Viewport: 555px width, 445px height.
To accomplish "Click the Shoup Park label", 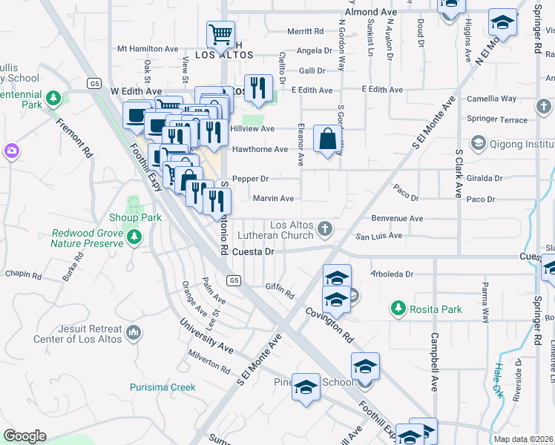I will coord(140,218).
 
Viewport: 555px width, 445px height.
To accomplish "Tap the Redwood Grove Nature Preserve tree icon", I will coord(134,237).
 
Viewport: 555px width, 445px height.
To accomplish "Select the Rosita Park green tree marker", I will coord(398,308).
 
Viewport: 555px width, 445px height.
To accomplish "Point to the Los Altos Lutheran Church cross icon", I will coord(324,227).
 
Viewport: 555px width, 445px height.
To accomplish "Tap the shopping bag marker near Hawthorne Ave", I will coord(327,139).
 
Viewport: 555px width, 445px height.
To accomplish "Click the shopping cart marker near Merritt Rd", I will coord(220,34).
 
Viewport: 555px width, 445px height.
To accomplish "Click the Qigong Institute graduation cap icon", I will coord(478,142).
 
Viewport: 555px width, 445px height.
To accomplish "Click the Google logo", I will coord(24,436).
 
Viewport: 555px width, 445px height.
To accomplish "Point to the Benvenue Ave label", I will coord(397,219).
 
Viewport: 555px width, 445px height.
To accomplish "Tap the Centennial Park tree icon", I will coord(53,98).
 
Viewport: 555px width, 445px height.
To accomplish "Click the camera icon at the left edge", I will coord(11,151).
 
